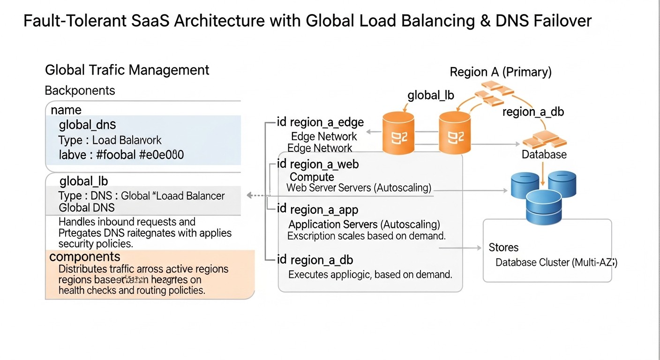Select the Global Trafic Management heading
click(x=127, y=70)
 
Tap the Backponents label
click(x=80, y=90)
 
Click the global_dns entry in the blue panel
click(x=87, y=125)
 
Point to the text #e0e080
click(x=161, y=155)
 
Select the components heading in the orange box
click(x=85, y=257)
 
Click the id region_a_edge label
click(x=320, y=122)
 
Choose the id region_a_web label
click(x=318, y=164)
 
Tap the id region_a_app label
click(x=317, y=209)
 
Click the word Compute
click(x=312, y=177)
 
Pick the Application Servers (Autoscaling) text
click(x=364, y=224)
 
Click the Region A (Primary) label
click(x=501, y=72)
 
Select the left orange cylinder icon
click(x=398, y=133)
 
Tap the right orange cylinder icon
click(x=455, y=133)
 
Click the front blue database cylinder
click(x=543, y=207)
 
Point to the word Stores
click(x=503, y=247)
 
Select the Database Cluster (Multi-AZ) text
click(x=556, y=262)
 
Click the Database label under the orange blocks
click(x=544, y=155)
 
